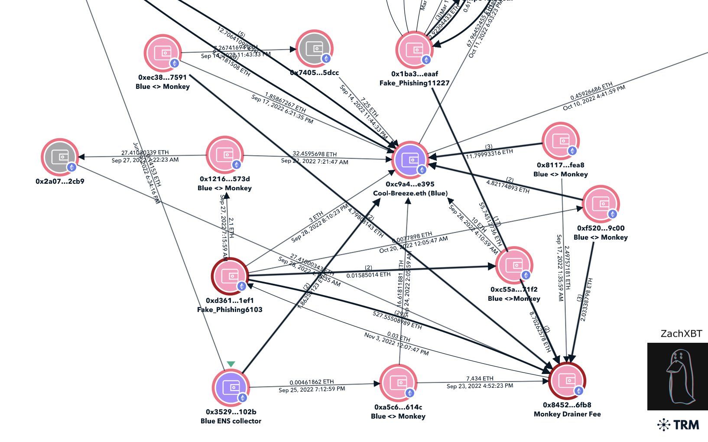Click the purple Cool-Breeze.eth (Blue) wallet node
click(410, 160)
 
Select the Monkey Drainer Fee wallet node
click(567, 380)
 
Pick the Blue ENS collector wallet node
click(231, 387)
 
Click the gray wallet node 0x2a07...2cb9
click(60, 157)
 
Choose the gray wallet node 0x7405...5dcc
click(315, 49)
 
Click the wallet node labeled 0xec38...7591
click(162, 53)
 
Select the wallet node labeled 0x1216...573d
click(225, 155)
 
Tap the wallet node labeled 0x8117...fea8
click(561, 141)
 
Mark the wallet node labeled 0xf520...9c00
click(601, 204)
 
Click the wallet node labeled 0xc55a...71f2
click(514, 265)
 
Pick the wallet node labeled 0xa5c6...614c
click(398, 383)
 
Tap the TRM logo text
click(679, 425)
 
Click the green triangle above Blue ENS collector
click(231, 364)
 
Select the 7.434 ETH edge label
click(480, 378)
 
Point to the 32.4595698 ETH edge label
click(315, 154)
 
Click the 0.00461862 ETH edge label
click(312, 382)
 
